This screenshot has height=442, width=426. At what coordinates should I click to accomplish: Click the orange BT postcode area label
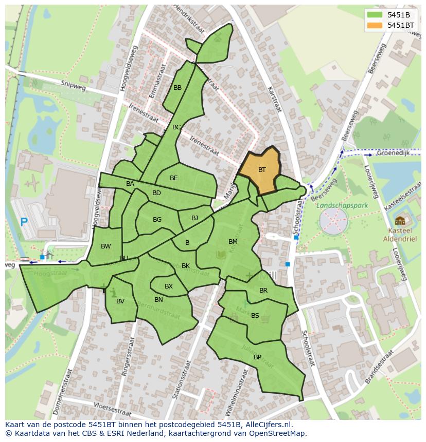(x=262, y=170)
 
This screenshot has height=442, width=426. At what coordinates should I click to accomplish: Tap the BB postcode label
(x=177, y=88)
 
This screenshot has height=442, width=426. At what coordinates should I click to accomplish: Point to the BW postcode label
(x=106, y=246)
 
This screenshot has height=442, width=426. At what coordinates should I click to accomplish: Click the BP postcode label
(x=257, y=357)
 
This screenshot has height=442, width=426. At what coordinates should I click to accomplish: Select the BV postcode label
(x=120, y=301)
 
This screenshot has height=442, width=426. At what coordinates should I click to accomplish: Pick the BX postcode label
(x=169, y=286)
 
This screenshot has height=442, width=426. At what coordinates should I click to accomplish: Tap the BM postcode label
(x=233, y=242)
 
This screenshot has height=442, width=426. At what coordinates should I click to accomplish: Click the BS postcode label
(x=255, y=316)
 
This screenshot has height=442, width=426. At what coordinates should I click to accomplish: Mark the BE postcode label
(x=174, y=178)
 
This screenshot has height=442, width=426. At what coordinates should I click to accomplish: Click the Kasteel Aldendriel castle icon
(x=400, y=221)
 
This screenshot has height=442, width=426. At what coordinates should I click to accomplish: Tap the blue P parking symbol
(x=24, y=222)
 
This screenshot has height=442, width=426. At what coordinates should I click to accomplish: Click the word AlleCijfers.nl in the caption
(x=268, y=425)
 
